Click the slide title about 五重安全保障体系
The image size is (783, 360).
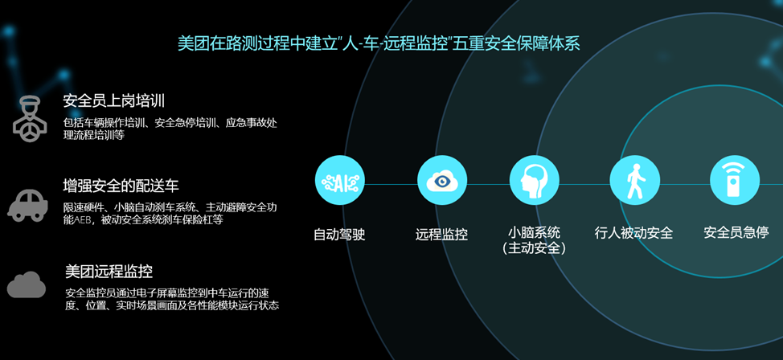pos(379,43)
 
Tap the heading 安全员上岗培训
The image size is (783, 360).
pos(113,101)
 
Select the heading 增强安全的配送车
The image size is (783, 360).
pos(121,186)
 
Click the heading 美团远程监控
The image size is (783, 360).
pos(109,272)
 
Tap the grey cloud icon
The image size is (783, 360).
pos(27,284)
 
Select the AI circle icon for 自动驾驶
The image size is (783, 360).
pos(339,181)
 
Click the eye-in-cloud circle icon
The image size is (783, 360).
pos(441,181)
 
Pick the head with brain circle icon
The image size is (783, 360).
pos(535,181)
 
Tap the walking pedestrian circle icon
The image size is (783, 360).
pos(634,181)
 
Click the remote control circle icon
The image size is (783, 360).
pos(734,181)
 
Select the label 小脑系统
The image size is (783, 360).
pos(535,233)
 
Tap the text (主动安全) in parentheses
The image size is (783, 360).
pos(535,249)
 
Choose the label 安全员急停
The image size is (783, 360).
pos(734,233)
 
